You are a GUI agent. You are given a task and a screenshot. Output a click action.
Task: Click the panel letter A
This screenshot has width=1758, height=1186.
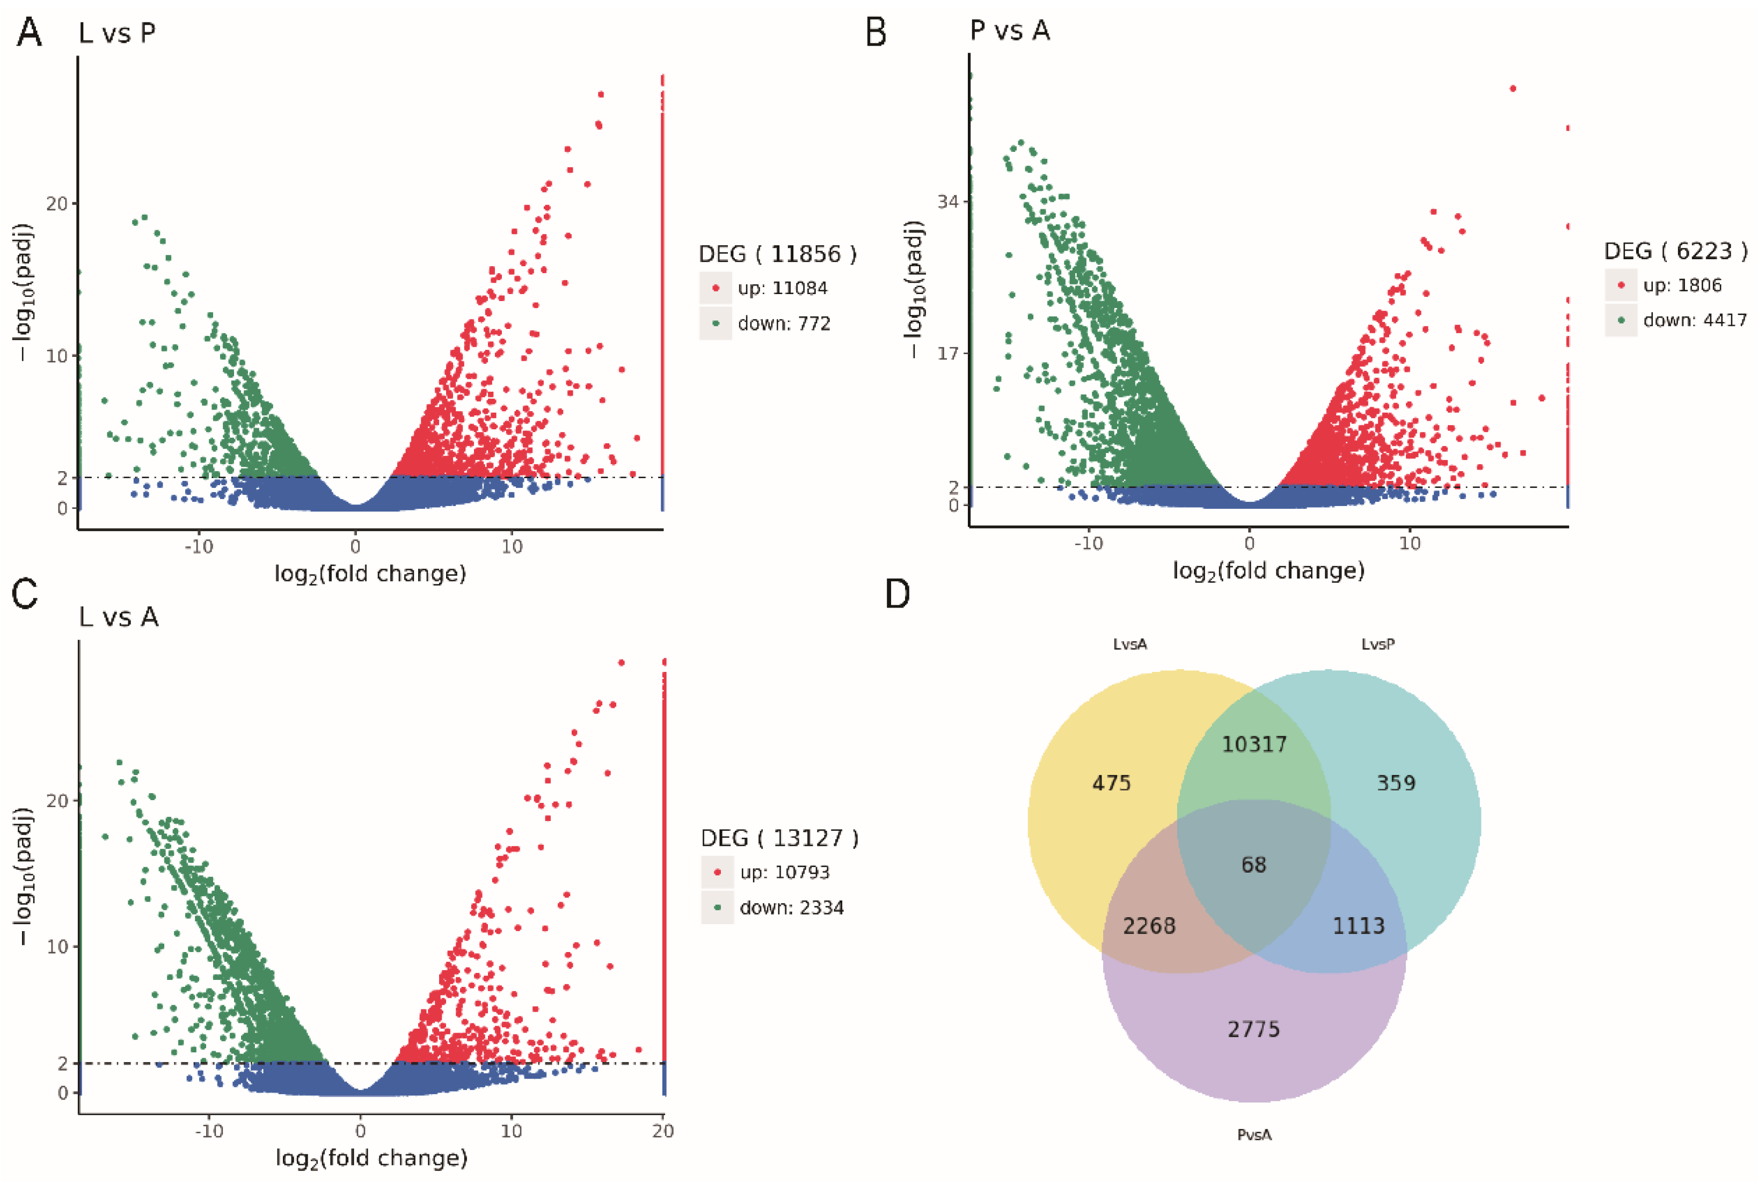29,33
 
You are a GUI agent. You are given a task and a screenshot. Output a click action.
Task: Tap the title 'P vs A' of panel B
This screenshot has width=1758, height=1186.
1009,31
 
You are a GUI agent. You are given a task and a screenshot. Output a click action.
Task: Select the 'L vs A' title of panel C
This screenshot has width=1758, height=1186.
119,617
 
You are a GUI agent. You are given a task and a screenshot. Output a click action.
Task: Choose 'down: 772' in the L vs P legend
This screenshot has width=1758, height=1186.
784,324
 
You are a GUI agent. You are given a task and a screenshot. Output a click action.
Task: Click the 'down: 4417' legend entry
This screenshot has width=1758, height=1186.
1695,320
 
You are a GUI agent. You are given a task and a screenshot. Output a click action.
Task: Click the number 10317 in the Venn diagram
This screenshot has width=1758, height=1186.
1254,744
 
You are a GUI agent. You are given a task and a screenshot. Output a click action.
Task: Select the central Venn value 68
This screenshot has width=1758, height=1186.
1253,865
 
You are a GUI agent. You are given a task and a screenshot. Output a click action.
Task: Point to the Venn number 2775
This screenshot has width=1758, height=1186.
1253,1029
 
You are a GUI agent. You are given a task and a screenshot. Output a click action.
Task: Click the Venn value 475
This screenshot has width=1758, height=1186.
1111,783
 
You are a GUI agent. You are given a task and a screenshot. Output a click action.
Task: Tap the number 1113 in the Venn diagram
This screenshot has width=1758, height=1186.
1359,926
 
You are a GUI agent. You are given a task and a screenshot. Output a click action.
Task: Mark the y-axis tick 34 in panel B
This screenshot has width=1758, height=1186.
949,202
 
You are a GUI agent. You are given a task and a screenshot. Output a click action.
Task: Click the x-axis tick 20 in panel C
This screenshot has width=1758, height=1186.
663,1132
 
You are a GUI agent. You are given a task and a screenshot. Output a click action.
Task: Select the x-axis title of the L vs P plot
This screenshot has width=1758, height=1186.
370,574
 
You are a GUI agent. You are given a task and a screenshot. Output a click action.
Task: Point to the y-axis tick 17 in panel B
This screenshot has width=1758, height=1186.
949,353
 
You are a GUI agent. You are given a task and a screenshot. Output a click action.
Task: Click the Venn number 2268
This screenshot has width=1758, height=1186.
1149,926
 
